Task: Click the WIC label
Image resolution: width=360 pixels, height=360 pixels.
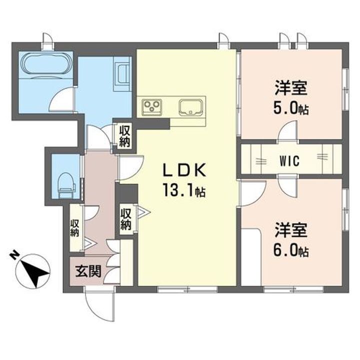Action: click(288, 161)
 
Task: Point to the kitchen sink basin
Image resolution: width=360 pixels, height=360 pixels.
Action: click(190, 106)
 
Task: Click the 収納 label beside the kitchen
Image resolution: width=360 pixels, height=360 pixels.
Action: click(125, 135)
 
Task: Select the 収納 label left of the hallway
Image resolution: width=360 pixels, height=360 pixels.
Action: click(75, 228)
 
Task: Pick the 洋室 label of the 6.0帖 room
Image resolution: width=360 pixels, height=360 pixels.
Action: click(290, 232)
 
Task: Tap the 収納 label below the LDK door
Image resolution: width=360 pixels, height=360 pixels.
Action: click(125, 218)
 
